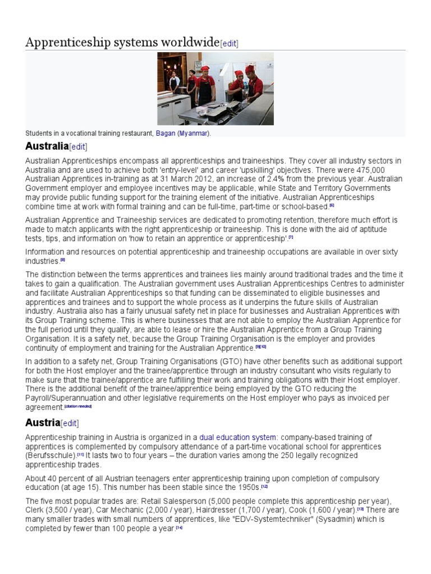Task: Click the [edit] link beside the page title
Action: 230,44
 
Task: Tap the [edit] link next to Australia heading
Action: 78,147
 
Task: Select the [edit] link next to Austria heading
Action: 70,423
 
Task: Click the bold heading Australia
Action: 47,147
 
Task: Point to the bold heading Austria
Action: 42,422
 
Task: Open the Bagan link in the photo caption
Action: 166,133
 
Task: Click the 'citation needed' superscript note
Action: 77,405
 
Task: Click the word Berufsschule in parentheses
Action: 51,456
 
